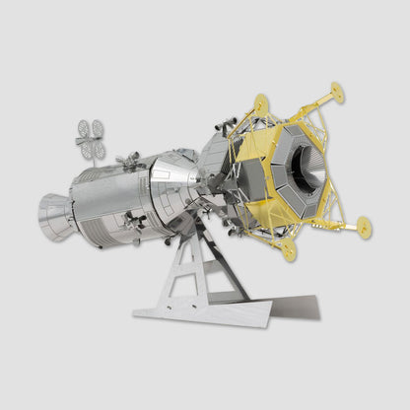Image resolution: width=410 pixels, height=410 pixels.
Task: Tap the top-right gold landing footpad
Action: pos(338,93)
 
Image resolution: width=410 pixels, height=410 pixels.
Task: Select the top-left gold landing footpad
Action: pos(260,102)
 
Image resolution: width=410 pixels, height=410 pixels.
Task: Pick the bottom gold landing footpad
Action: pos(289,250)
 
